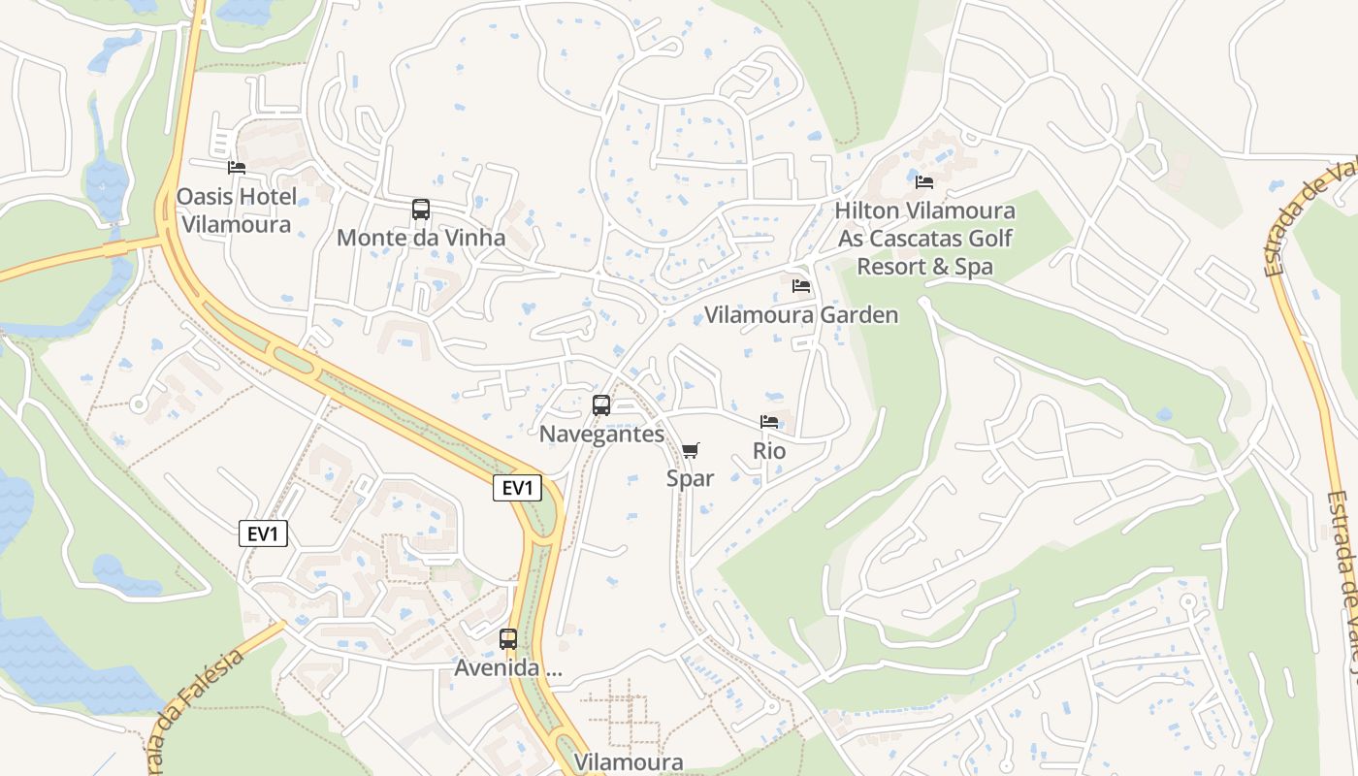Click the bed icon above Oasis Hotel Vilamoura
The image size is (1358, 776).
pos(236,168)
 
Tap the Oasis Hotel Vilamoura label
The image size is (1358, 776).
pos(237,210)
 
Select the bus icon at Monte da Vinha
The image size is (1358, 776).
pos(421,210)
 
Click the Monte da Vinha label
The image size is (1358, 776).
pos(421,238)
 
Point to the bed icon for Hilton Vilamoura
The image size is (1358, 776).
pos(924,181)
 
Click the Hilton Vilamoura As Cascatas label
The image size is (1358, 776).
pos(924,238)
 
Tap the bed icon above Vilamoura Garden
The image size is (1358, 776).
pos(801,286)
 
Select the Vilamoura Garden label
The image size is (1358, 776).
pos(801,314)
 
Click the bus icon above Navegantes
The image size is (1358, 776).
pos(601,405)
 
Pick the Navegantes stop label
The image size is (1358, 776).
pos(601,434)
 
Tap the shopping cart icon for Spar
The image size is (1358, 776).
pos(690,450)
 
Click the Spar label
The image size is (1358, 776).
pos(690,478)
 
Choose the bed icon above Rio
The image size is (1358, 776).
pos(769,422)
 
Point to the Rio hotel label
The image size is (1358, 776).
pos(769,451)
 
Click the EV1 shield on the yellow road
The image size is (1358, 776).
pos(517,488)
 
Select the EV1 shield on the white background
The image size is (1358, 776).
pos(264,533)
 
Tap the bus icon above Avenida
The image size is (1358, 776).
pos(508,639)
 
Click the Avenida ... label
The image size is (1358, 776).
pos(508,668)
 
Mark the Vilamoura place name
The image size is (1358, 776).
pos(629,762)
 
